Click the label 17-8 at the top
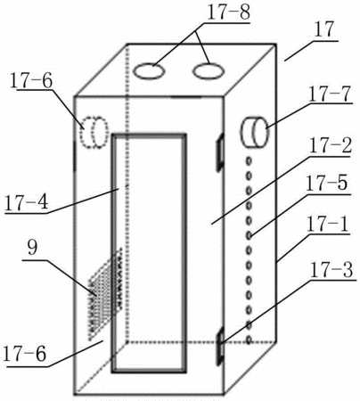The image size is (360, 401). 228,12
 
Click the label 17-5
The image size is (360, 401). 326,183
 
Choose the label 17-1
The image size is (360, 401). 328,225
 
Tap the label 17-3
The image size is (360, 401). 331,270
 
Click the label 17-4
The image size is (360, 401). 27,203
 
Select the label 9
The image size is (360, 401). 33,248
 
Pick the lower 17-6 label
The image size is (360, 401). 25,354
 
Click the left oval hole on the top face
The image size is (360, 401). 149,71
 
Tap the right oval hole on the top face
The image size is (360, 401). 208,71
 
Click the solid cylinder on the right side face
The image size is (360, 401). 255,131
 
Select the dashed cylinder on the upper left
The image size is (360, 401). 94,132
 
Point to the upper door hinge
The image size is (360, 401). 220,152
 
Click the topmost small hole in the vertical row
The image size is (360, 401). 249,160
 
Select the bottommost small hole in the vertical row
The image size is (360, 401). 249,340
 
